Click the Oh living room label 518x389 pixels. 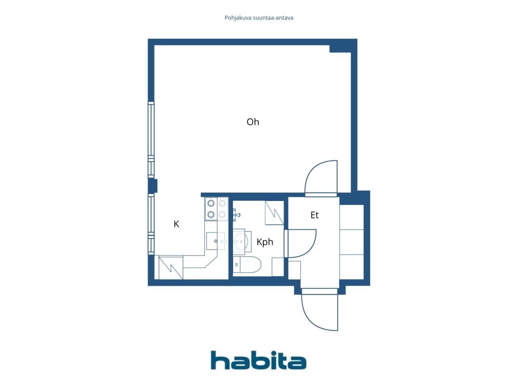[x=253, y=122]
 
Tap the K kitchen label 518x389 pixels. [x=176, y=224]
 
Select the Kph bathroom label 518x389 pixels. [x=265, y=242]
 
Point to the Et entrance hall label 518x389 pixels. [x=314, y=215]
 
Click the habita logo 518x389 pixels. [x=259, y=360]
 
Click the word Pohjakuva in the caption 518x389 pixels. [x=238, y=18]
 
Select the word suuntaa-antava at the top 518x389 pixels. [x=273, y=18]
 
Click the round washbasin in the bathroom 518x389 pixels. [x=241, y=242]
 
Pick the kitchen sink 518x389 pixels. [x=215, y=241]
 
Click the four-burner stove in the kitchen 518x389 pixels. [x=217, y=209]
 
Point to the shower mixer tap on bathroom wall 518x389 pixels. [x=236, y=215]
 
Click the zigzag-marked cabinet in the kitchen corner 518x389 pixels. [x=171, y=268]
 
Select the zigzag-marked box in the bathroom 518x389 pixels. [x=274, y=213]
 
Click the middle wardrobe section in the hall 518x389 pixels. [x=351, y=242]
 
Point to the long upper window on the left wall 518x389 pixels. [x=151, y=139]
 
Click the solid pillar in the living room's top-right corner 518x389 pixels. [x=340, y=49]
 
